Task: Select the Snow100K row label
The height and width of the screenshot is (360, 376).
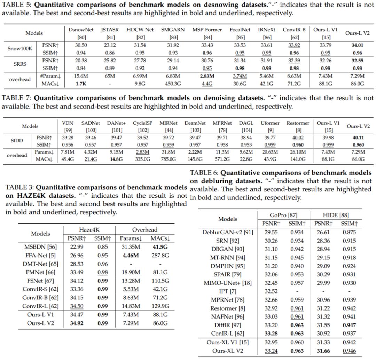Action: point(20,48)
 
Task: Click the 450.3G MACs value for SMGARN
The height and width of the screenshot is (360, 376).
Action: point(173,84)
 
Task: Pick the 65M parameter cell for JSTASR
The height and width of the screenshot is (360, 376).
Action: point(110,76)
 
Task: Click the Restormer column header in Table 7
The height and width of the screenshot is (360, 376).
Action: point(298,126)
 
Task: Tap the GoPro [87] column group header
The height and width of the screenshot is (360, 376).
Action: point(283,215)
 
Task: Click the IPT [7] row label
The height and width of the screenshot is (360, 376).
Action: point(228,291)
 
